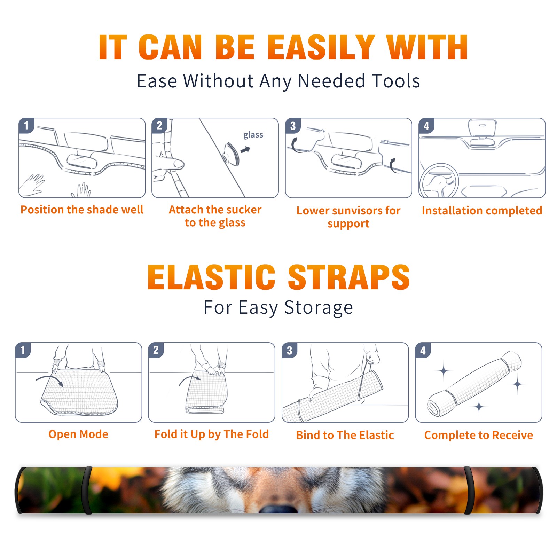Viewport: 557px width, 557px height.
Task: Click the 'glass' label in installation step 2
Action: point(253,135)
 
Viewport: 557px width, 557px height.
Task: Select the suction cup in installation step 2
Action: point(232,154)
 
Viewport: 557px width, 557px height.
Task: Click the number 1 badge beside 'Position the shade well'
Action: point(26,125)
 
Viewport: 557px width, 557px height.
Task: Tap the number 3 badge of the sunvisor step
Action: point(293,126)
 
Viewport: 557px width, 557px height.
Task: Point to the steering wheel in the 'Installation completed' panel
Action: point(439,181)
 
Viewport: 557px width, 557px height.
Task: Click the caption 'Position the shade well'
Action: point(82,210)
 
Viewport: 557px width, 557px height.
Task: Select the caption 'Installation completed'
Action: point(482,211)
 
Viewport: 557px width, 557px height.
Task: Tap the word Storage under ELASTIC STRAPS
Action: point(319,308)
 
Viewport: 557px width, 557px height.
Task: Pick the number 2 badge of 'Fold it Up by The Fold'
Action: point(156,350)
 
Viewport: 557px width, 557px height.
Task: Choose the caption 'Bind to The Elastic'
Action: point(345,435)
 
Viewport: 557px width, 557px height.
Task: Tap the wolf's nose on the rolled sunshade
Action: point(278,509)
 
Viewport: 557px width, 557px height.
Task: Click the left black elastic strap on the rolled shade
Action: point(87,491)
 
